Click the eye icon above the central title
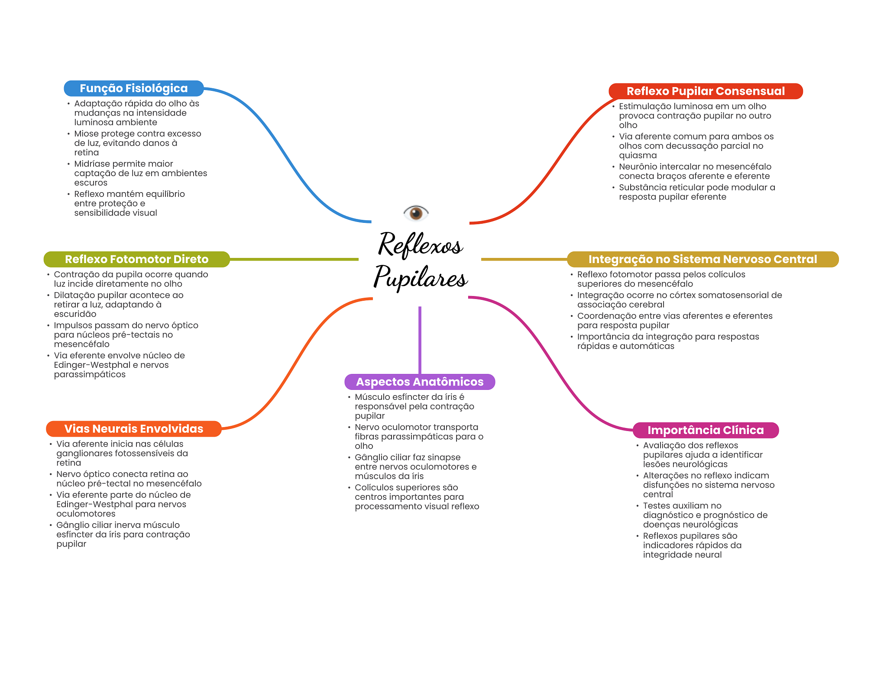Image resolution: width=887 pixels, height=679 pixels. (416, 212)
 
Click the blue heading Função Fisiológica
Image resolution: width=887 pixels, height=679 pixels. (134, 88)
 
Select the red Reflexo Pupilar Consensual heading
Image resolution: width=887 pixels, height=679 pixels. (706, 91)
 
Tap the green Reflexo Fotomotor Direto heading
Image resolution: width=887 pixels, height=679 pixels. (137, 259)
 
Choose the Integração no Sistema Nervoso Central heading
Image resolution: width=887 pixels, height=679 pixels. (702, 259)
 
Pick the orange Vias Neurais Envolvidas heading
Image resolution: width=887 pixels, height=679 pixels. (134, 429)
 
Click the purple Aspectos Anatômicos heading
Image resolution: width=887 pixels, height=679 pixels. (420, 382)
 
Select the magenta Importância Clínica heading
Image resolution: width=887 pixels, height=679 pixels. (706, 430)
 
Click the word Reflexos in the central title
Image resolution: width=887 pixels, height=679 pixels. (421, 245)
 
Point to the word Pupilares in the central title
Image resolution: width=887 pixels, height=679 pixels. (421, 277)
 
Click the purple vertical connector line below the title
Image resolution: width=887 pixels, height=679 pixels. (420, 340)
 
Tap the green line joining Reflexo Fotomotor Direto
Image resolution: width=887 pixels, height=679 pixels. (294, 259)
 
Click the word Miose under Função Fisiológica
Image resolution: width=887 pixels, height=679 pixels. (86, 134)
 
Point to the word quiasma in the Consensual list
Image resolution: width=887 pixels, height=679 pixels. (638, 156)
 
